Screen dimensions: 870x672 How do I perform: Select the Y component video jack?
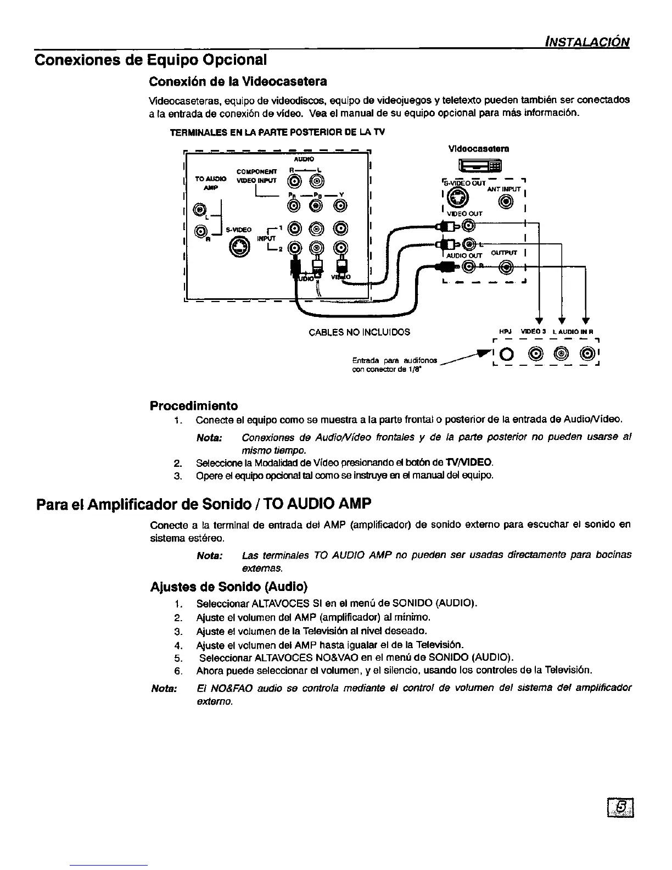pos(341,205)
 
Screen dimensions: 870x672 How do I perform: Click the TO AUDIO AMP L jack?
pos(200,210)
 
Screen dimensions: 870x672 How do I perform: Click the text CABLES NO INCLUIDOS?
pos(359,332)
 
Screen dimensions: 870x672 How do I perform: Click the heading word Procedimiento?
pos(194,406)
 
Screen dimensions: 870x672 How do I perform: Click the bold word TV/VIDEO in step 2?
pos(469,462)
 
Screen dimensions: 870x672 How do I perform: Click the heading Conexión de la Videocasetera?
pos(238,81)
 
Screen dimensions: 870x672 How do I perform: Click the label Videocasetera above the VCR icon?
pos(478,148)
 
